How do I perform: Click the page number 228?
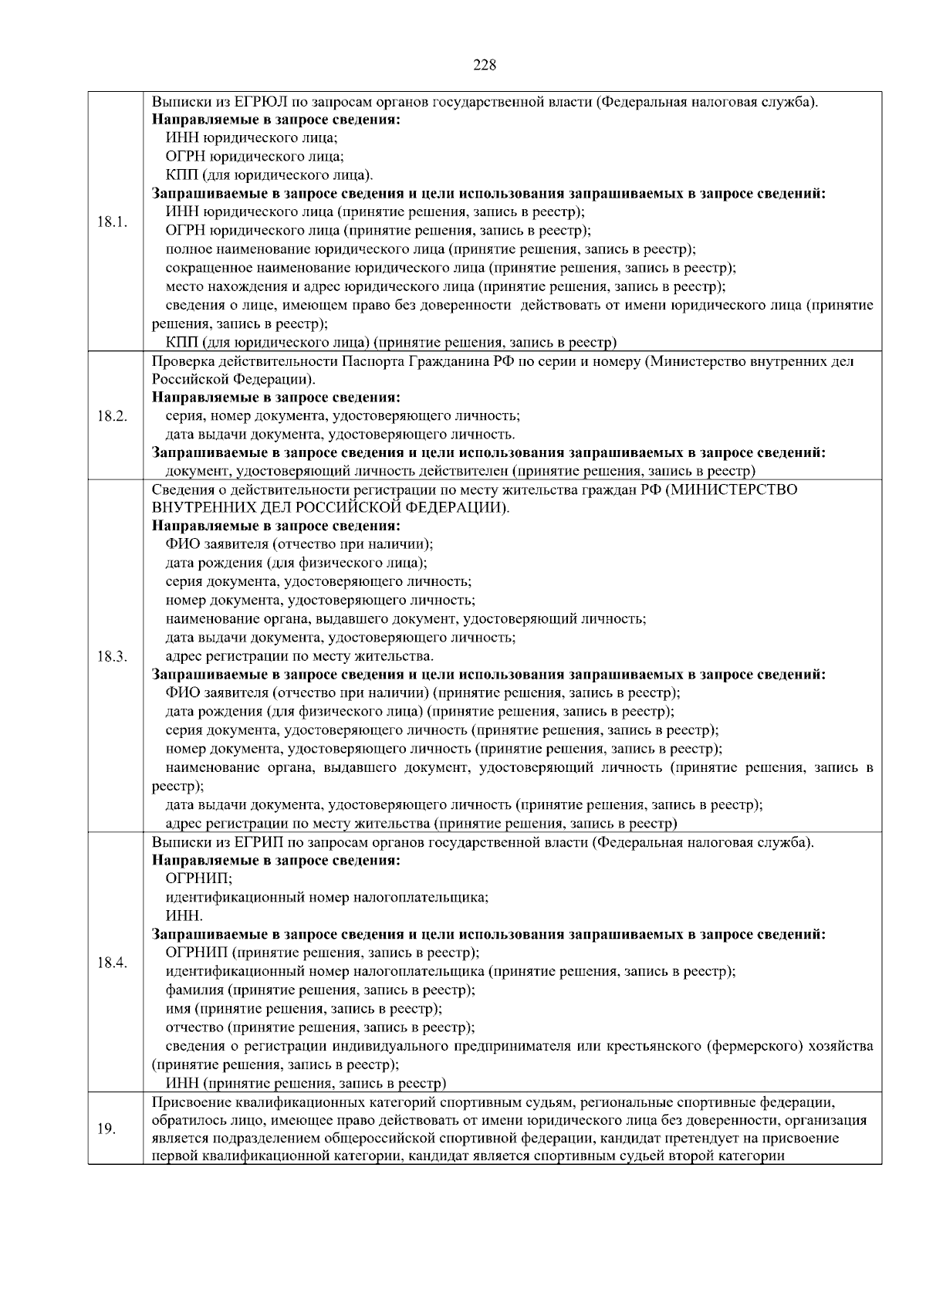click(x=484, y=65)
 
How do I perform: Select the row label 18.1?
click(x=112, y=222)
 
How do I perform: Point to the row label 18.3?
click(x=112, y=656)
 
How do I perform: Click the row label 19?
click(x=106, y=1129)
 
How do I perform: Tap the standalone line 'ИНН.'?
click(x=184, y=916)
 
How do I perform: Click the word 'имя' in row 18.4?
click(x=178, y=1008)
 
